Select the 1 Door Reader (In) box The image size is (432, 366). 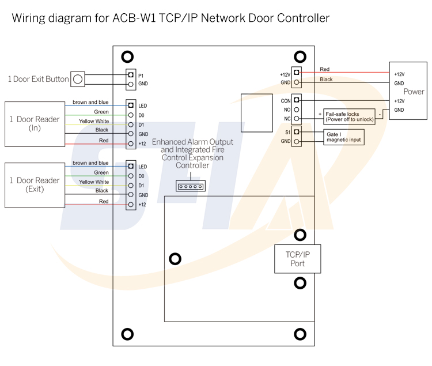(x=35, y=123)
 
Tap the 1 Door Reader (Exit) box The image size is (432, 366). (x=35, y=184)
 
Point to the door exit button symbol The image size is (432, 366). (x=79, y=79)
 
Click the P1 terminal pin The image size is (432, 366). (x=131, y=75)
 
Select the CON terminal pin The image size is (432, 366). (x=297, y=100)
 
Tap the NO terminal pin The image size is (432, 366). (x=297, y=110)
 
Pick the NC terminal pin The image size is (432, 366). (x=297, y=119)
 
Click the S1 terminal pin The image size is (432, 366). (x=297, y=132)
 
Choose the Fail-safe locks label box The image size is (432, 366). (x=350, y=117)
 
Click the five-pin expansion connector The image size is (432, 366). (x=191, y=186)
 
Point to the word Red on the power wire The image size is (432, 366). (x=325, y=70)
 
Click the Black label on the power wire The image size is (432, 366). (x=326, y=80)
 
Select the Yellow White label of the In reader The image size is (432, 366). (x=94, y=121)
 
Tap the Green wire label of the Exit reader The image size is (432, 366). (x=101, y=172)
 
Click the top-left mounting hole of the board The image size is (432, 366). (x=127, y=56)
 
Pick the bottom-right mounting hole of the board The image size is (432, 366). (x=300, y=334)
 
